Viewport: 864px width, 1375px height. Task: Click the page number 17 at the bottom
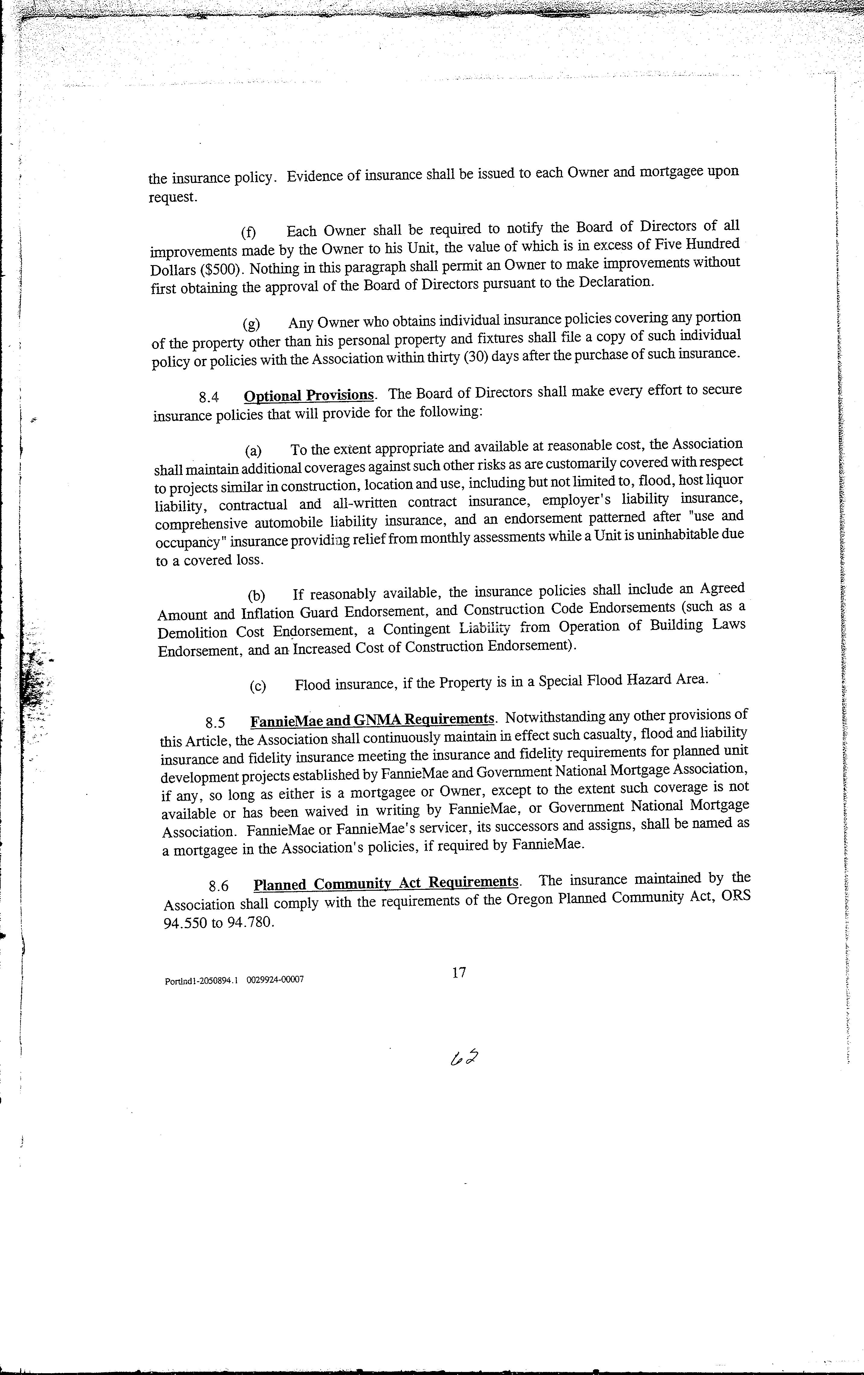click(x=459, y=972)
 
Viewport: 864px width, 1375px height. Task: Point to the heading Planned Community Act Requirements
click(x=386, y=883)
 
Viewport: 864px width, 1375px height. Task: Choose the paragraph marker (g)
click(x=251, y=324)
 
